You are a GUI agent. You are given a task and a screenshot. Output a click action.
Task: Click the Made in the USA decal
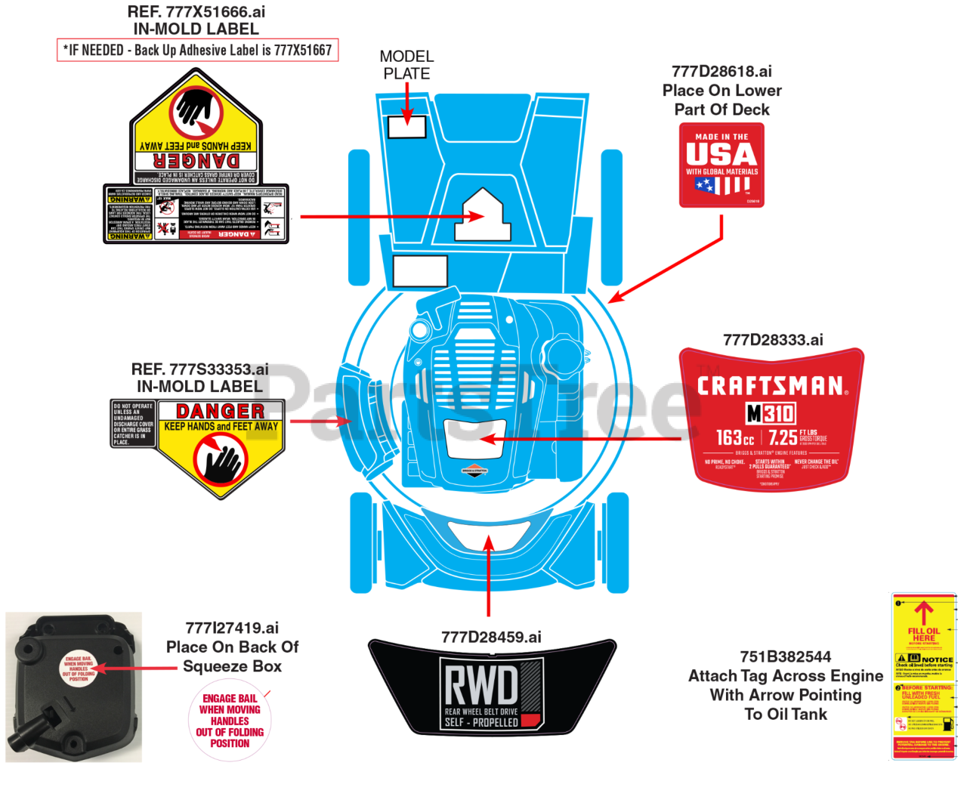[721, 165]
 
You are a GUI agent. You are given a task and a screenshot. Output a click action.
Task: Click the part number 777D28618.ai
[721, 72]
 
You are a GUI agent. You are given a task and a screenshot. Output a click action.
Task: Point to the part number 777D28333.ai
[773, 340]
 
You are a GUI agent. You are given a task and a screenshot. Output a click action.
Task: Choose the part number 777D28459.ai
[491, 637]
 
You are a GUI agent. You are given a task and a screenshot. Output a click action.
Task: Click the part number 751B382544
[786, 656]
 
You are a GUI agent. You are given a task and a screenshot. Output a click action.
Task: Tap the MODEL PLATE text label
[406, 65]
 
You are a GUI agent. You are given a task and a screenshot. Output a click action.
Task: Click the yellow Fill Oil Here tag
[924, 675]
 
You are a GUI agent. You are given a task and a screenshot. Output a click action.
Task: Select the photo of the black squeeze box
[73, 687]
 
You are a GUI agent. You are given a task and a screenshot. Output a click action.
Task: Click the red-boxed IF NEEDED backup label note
[197, 51]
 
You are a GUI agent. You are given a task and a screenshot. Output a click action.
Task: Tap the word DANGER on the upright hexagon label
[220, 411]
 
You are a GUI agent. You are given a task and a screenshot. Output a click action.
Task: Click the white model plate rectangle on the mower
[406, 126]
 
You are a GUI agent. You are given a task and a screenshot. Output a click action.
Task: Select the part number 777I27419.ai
[232, 628]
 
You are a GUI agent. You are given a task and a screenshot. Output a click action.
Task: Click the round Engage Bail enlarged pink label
[230, 721]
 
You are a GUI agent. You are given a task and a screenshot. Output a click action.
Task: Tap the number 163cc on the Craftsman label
[734, 438]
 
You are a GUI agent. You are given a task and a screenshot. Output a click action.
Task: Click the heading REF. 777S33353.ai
[199, 369]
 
